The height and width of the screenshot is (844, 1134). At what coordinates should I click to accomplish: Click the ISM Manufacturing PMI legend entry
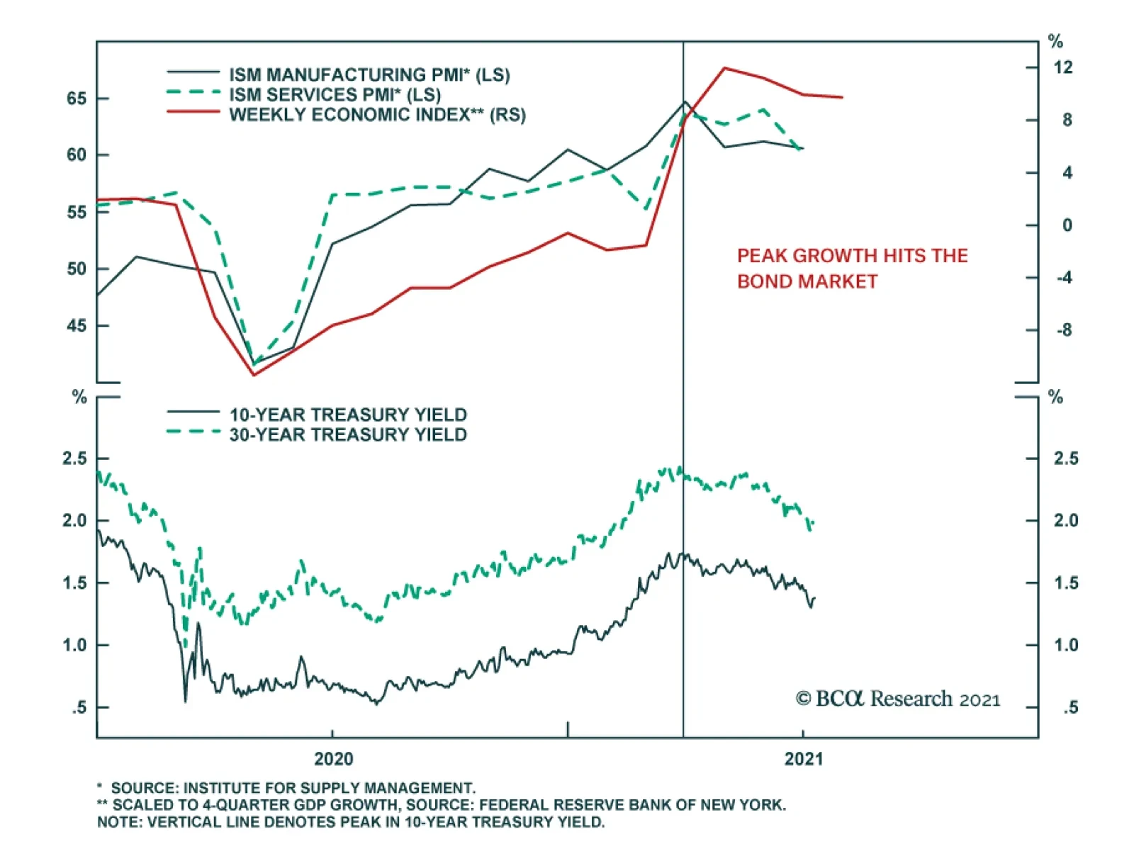coord(369,74)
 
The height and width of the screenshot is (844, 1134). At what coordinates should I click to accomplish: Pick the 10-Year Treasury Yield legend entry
coord(348,415)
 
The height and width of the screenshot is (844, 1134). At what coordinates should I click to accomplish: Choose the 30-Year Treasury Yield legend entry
coord(348,434)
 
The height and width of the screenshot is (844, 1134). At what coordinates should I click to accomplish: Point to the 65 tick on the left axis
coord(77,99)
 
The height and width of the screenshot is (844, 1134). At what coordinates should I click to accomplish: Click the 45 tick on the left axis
coord(77,326)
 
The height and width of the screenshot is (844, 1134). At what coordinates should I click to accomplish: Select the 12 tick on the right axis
coord(1063,67)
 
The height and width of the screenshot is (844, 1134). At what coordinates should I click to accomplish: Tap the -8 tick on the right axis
coord(1064,330)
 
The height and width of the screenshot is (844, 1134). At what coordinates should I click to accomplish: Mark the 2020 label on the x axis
coord(333,759)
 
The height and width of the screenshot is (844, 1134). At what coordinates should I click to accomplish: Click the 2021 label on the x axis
coord(803,759)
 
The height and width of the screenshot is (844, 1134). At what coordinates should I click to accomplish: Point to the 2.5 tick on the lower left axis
coord(74,458)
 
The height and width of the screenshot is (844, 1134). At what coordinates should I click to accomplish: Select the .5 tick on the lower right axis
coord(1070,707)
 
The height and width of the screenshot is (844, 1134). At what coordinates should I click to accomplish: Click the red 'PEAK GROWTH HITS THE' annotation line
coord(852,256)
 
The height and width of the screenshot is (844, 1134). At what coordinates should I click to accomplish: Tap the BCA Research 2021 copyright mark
coord(897,699)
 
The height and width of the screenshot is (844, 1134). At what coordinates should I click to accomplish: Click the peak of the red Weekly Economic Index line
coord(724,68)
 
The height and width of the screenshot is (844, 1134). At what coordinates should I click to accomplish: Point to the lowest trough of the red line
coord(254,375)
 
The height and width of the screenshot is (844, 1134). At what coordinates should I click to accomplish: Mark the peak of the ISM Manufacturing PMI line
coord(684,101)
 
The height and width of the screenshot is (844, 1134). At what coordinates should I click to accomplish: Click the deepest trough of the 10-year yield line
coord(186,702)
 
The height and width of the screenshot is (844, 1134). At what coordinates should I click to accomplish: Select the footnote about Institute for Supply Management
coord(286,788)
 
